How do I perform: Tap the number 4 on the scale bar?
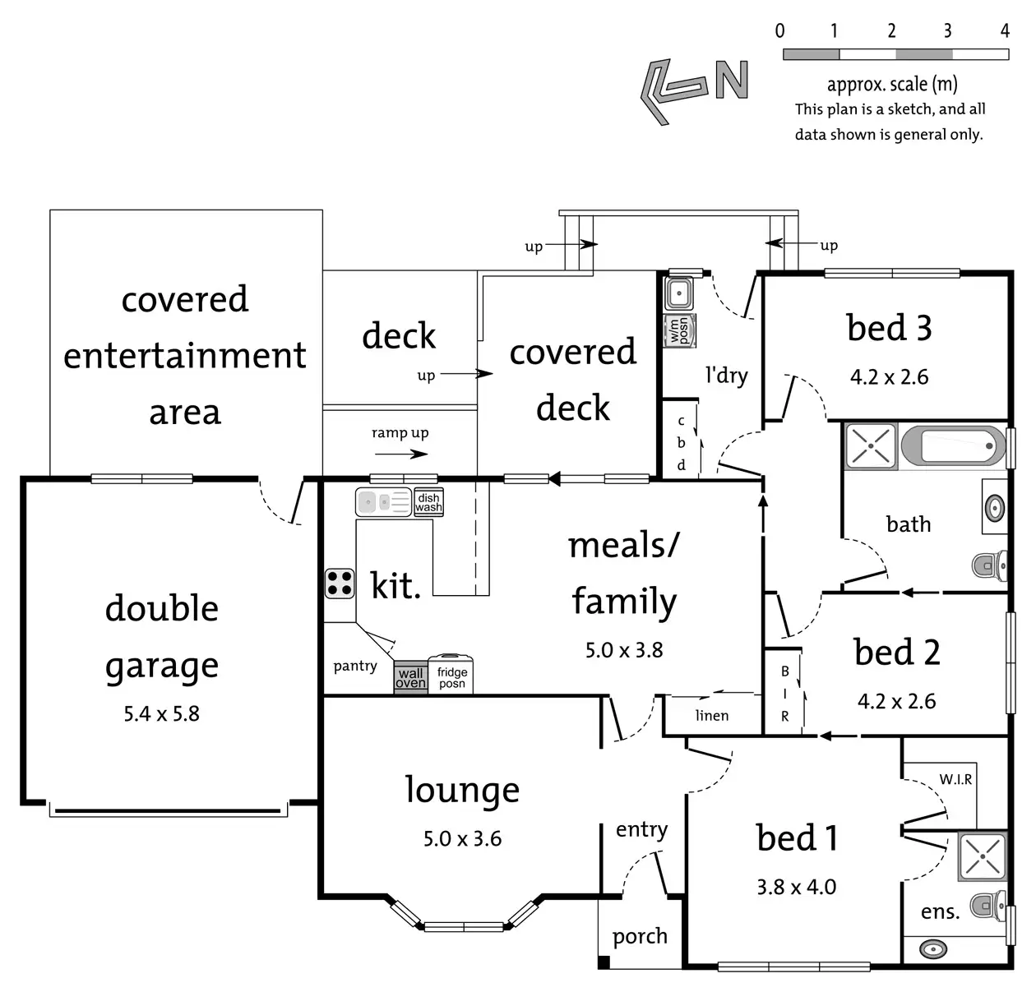[1004, 31]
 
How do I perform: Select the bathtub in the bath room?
[953, 447]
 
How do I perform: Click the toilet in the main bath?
[989, 565]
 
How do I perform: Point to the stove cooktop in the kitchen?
[340, 583]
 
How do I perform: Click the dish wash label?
[428, 503]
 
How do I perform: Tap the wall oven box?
[410, 678]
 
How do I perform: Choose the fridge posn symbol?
[451, 676]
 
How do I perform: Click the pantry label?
[355, 666]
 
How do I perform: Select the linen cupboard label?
[711, 715]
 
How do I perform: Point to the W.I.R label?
[955, 779]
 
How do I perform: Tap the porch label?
[640, 936]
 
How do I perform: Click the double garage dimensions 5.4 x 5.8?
[162, 713]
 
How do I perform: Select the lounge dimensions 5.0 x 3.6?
[462, 838]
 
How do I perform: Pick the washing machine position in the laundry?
[680, 330]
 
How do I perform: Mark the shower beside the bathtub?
[871, 446]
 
